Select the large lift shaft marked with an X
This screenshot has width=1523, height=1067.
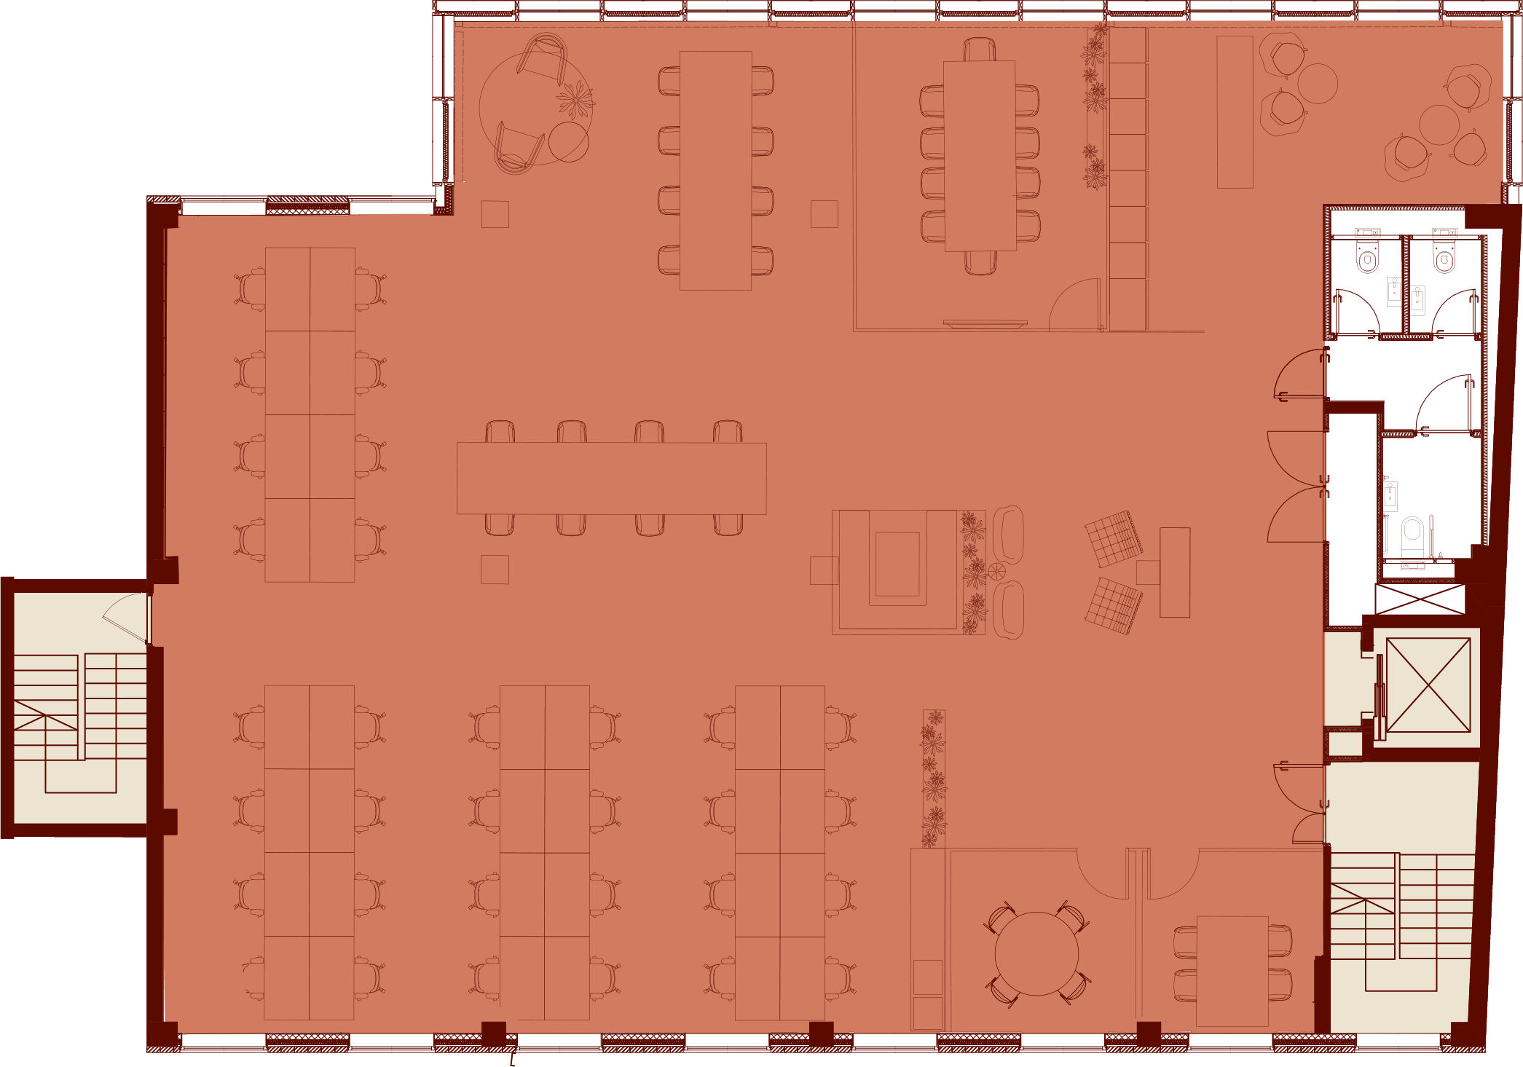pyautogui.click(x=1428, y=685)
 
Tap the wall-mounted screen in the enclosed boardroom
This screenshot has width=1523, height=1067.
pyautogui.click(x=985, y=323)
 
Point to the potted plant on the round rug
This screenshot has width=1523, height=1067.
pyautogui.click(x=575, y=99)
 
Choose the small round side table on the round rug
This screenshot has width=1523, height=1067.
pyautogui.click(x=568, y=142)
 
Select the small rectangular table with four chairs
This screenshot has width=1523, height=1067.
pyautogui.click(x=1232, y=970)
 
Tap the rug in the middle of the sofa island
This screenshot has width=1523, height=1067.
pyautogui.click(x=897, y=564)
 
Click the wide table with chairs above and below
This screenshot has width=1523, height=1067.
pyautogui.click(x=611, y=478)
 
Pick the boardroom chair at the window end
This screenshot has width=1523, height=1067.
pyautogui.click(x=980, y=50)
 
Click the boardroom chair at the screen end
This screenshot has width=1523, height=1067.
pyautogui.click(x=980, y=262)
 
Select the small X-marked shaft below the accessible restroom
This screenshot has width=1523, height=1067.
pyautogui.click(x=1419, y=599)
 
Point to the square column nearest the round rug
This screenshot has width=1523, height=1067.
pyautogui.click(x=495, y=214)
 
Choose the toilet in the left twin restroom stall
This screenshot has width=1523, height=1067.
pyautogui.click(x=1367, y=259)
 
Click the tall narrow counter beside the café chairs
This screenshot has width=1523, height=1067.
pyautogui.click(x=1235, y=112)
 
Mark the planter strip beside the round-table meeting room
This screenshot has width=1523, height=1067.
pyautogui.click(x=933, y=778)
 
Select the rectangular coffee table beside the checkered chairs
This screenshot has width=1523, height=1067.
pyautogui.click(x=1174, y=572)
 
